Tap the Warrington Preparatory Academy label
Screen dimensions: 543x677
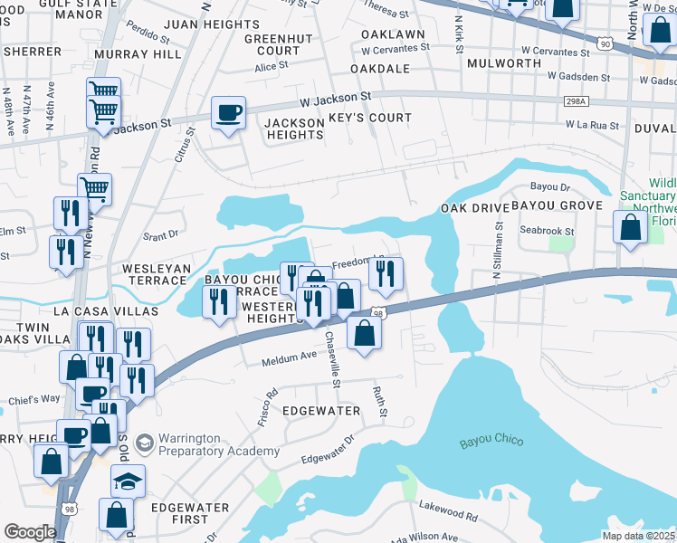pos(207,444)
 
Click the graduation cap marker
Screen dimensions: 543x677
pos(128,481)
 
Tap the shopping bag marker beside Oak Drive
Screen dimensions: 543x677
pos(631,227)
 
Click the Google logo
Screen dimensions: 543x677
pos(30,532)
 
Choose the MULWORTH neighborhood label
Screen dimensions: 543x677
pos(504,63)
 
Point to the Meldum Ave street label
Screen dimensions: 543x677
pos(289,358)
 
